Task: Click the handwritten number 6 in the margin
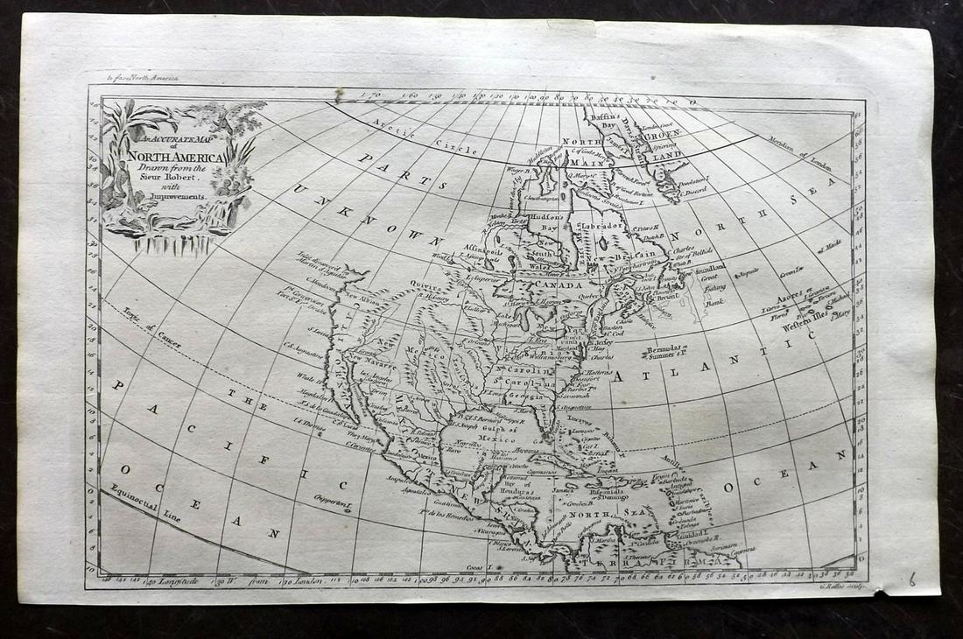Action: point(911,579)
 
